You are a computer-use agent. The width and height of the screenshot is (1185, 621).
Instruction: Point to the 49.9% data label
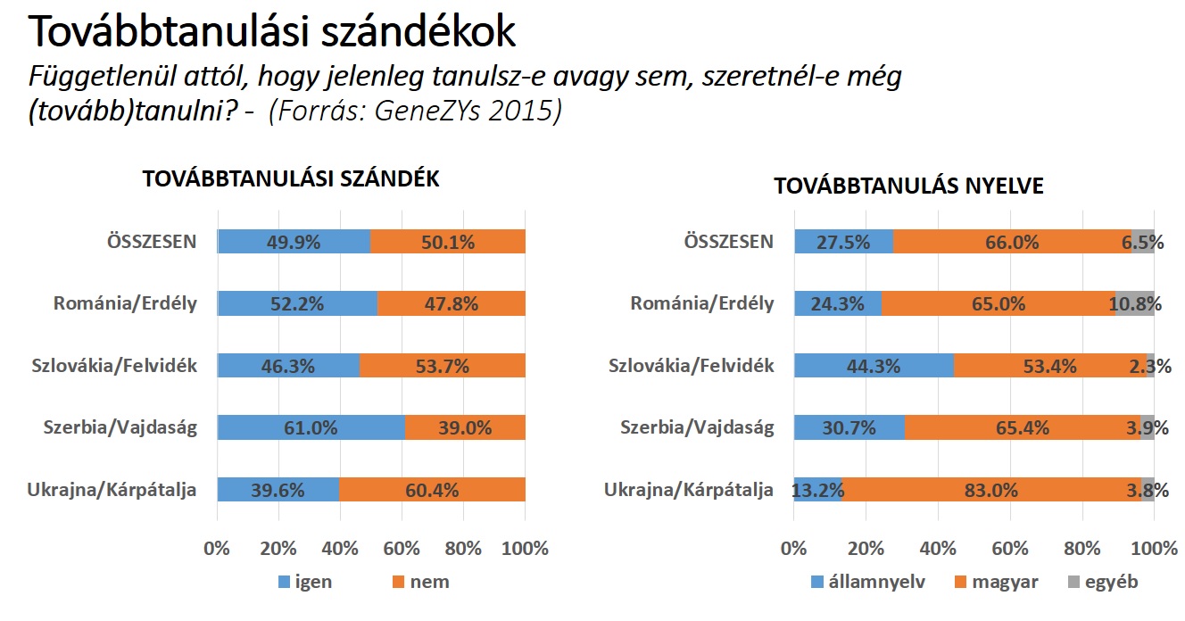click(x=294, y=242)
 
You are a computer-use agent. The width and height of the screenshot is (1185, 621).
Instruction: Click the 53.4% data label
click(x=1048, y=366)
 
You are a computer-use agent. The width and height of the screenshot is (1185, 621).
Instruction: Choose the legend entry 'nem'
click(x=429, y=583)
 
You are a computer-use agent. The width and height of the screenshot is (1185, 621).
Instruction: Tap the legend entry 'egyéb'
click(x=1111, y=583)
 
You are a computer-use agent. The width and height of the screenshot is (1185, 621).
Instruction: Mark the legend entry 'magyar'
click(x=1005, y=583)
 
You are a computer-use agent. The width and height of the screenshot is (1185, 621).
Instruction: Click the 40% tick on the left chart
click(x=340, y=548)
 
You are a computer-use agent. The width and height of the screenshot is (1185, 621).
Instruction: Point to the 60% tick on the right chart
click(x=1010, y=548)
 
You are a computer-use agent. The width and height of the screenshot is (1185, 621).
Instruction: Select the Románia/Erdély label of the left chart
click(x=125, y=303)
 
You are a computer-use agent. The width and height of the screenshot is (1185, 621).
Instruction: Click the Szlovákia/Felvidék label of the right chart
click(x=691, y=366)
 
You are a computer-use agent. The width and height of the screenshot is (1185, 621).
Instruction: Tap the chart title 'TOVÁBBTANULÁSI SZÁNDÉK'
click(x=292, y=178)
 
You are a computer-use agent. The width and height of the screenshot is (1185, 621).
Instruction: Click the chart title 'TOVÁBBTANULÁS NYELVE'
click(x=909, y=186)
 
